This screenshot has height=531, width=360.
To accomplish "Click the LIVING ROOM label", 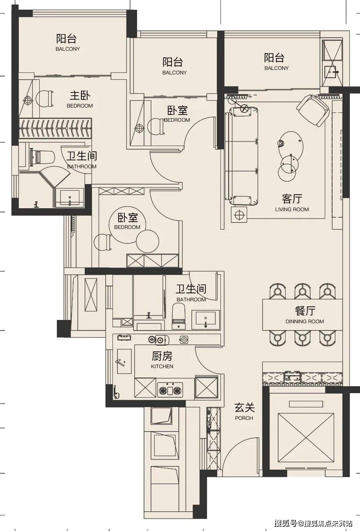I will point(292,209).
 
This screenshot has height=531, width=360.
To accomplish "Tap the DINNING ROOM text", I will point(304,322).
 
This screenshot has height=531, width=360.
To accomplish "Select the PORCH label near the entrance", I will point(244,418).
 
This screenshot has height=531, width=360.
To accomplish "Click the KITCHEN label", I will point(162,367).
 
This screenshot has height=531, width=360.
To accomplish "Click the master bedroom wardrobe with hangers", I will point(55,127).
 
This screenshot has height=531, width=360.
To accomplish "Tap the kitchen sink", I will point(124,361).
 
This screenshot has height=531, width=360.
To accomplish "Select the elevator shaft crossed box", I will point(306,436).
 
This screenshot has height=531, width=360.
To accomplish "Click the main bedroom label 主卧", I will point(79,96).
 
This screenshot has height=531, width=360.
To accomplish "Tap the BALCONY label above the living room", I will point(276,68).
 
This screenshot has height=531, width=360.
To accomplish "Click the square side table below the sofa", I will point(239,214).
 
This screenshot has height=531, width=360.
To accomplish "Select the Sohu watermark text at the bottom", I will point(313,523).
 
